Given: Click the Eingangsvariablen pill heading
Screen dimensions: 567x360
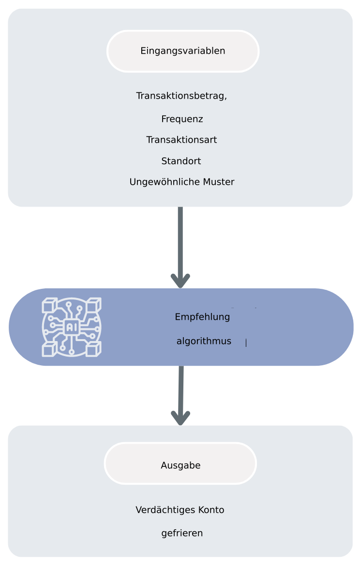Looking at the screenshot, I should [183, 51].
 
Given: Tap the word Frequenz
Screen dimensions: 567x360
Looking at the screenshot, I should [182, 119].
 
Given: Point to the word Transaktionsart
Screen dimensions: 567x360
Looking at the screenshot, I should [181, 140].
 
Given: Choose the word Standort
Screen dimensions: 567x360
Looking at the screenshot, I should [181, 161].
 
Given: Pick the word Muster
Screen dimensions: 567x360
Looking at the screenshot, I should [218, 182].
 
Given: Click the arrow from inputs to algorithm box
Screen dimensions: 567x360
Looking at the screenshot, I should [180, 242].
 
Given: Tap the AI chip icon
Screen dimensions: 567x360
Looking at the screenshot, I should [72, 327].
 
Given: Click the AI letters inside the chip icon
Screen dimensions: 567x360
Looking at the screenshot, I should [72, 328].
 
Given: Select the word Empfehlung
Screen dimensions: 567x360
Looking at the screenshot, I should [202, 317].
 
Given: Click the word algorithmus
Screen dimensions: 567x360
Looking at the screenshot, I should [204, 341].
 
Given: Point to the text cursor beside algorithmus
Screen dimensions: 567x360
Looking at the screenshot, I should [246, 343].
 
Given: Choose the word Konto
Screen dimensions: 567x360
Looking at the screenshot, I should [211, 510].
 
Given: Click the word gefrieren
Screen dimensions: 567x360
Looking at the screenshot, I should [182, 533].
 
